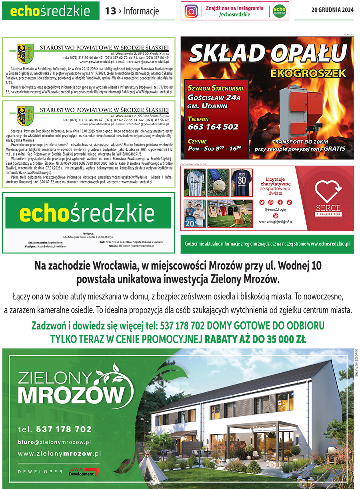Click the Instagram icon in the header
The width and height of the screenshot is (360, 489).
pos(191,11)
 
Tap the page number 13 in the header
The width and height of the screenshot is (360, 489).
pos(110,11)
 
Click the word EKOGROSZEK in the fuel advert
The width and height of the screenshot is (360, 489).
pos(307,73)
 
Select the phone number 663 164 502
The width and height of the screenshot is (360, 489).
pos(213,127)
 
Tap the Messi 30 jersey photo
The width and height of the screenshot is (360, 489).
pos(241,182)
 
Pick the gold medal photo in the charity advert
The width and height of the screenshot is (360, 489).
pos(218,182)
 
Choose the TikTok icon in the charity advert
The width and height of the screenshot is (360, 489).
pos(289,202)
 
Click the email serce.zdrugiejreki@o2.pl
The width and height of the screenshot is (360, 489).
pos(276,221)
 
